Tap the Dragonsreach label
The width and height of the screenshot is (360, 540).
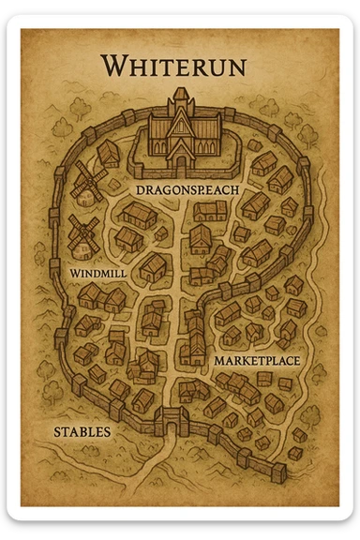click(x=187, y=190)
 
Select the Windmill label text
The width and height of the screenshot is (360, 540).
click(x=98, y=273)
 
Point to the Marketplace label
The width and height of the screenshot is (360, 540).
click(x=256, y=361)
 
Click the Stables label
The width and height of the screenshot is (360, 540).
click(x=82, y=432)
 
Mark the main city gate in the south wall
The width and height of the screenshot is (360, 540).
click(x=172, y=420)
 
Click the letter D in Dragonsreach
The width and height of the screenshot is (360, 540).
click(x=141, y=190)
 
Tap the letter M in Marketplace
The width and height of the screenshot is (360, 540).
click(x=220, y=361)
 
